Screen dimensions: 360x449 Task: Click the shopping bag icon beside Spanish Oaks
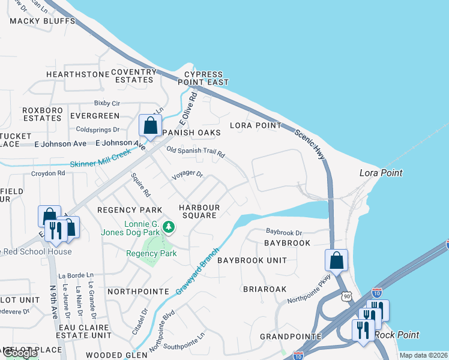point(149,126)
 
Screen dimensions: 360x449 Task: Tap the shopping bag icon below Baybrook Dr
point(336,260)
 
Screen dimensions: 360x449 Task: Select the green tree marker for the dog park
point(169,227)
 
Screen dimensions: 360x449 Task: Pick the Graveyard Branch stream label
point(198,271)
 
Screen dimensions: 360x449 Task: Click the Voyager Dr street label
point(187,176)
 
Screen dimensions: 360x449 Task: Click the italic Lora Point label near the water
point(381,173)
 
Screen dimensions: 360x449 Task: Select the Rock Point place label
point(397,335)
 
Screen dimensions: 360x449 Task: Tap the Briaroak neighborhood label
point(265,289)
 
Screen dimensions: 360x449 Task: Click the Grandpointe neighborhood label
point(284,337)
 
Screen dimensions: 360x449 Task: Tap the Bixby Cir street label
point(107,103)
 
